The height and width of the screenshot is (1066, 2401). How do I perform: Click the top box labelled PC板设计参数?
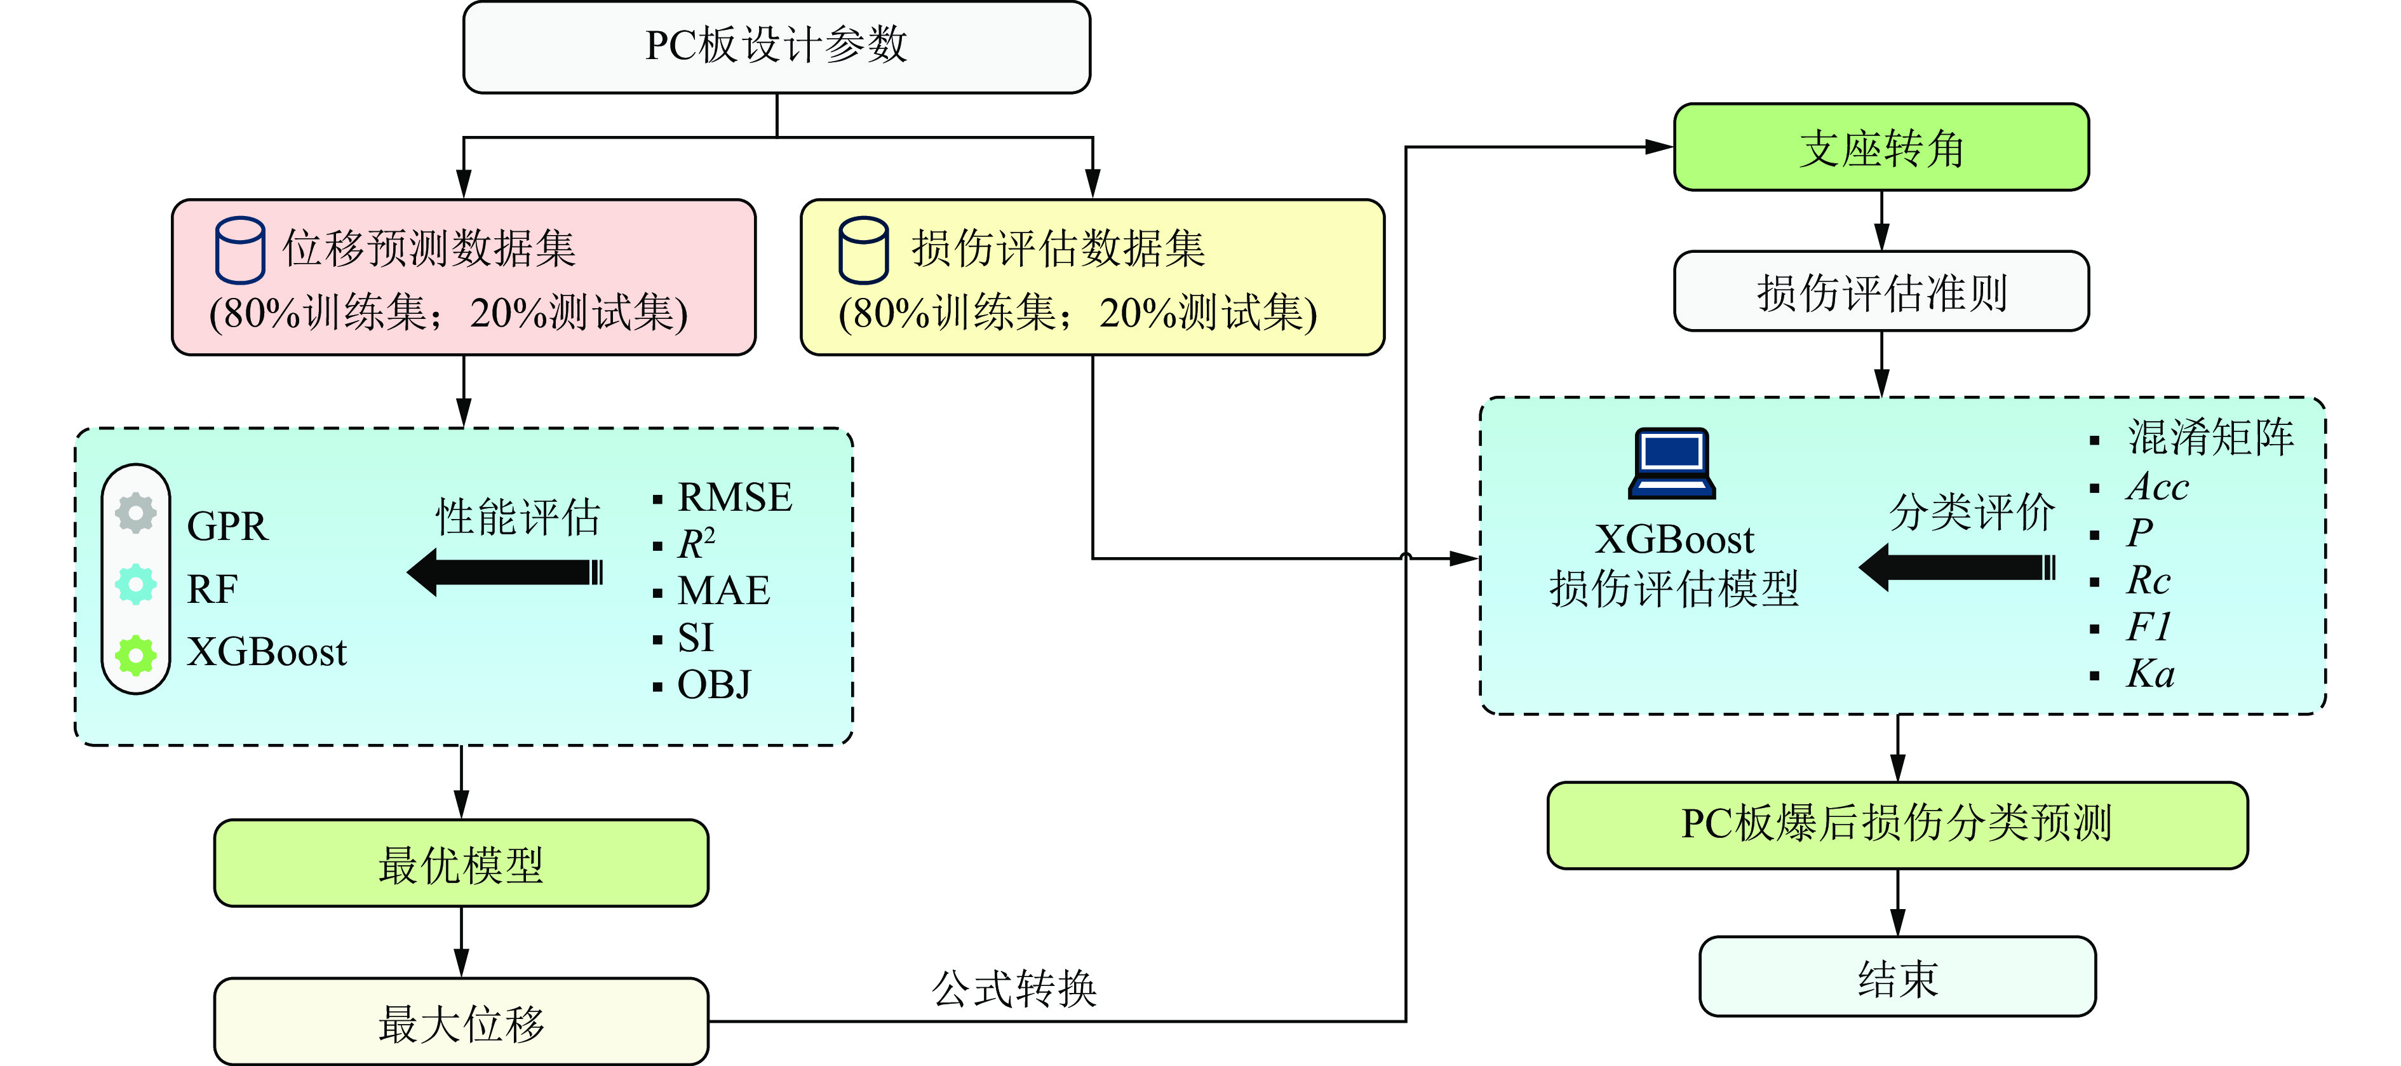(x=776, y=46)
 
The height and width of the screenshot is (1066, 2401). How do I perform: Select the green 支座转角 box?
(x=1881, y=148)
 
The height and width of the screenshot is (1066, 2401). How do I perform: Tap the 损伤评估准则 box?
(x=1881, y=292)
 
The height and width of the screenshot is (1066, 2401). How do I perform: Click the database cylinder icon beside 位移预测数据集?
(x=239, y=250)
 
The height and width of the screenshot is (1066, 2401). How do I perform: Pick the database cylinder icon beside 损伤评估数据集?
(x=863, y=250)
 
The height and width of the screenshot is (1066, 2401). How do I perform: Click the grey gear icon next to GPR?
(x=136, y=513)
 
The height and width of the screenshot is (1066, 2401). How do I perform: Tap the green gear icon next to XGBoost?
(x=136, y=655)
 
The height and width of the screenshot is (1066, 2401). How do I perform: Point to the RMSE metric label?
(x=734, y=497)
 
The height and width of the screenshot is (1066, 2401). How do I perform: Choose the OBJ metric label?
(x=714, y=685)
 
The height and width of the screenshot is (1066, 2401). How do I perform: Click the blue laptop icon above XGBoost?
(x=1672, y=463)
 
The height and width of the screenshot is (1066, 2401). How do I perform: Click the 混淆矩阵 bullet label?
(x=2210, y=438)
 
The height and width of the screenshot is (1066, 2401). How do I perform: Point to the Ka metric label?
(x=2150, y=673)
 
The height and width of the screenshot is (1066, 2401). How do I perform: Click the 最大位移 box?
(x=461, y=1022)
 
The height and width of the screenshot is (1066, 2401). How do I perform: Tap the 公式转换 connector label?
(x=1014, y=988)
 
